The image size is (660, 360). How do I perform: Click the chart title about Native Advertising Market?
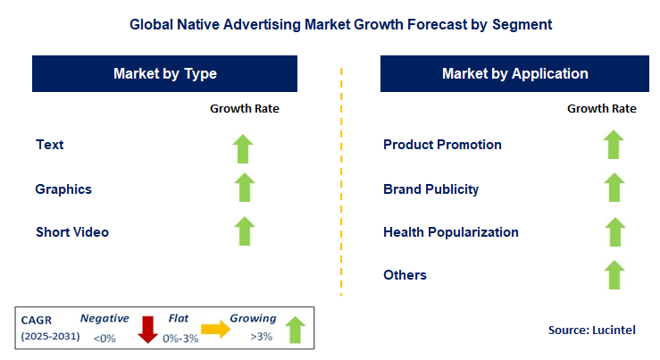330,25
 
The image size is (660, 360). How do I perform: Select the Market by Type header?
164,73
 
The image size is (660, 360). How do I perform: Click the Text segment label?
50,145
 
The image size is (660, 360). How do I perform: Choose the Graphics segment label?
63,189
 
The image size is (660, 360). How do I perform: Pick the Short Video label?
72,232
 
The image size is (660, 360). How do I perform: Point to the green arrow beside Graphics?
244,188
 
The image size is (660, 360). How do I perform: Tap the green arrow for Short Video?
244,230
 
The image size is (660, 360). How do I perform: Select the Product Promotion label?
442,145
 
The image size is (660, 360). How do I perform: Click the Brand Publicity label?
430,189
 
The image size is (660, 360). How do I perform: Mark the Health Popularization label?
450,232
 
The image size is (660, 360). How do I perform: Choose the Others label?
405,275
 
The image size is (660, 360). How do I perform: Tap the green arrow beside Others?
613,274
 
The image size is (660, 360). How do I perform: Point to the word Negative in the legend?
104,318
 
